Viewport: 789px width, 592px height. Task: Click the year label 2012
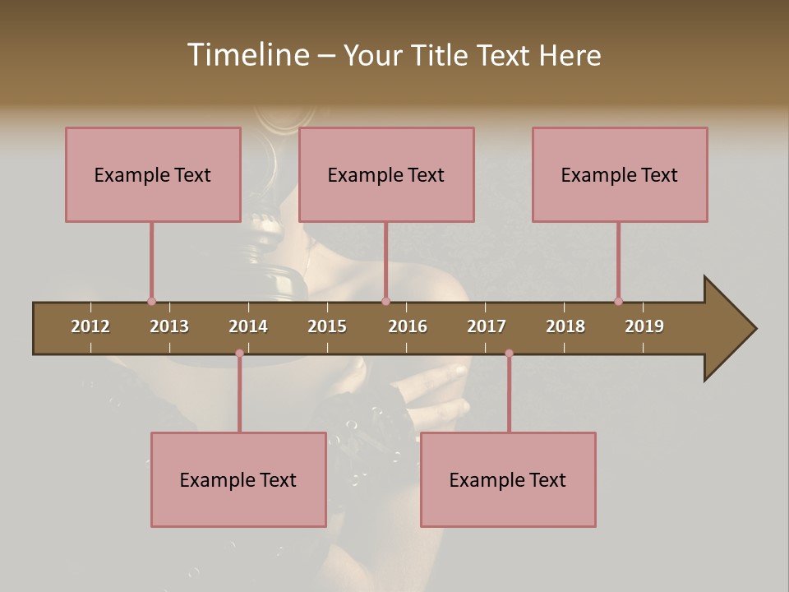point(90,326)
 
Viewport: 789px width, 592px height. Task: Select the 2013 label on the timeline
point(169,326)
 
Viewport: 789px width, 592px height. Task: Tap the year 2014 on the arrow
point(248,326)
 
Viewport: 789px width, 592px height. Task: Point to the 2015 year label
point(327,326)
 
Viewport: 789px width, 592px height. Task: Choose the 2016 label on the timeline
point(408,326)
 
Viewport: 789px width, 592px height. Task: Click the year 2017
point(487,326)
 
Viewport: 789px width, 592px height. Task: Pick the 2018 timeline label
point(565,326)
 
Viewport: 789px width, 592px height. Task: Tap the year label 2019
point(644,326)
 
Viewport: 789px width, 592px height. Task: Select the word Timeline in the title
point(247,55)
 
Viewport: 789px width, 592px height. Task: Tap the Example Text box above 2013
point(153,174)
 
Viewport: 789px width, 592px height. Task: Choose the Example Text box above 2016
point(386,174)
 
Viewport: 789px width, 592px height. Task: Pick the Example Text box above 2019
point(620,174)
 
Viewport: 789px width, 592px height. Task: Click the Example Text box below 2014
point(238,479)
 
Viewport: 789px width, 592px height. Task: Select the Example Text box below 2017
point(508,479)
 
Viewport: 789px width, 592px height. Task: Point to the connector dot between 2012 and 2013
point(151,302)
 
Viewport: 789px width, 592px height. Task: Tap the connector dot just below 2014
point(239,354)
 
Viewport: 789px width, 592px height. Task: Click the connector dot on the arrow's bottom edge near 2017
point(509,354)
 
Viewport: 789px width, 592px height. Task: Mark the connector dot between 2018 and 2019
point(618,302)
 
